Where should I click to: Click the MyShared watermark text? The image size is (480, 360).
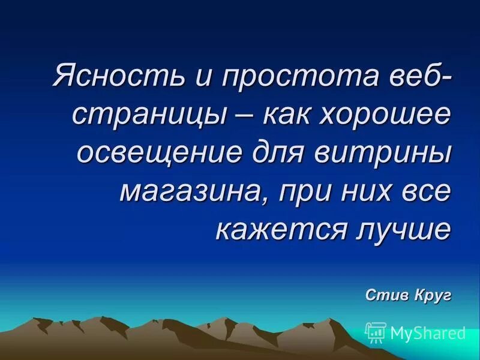[428, 332]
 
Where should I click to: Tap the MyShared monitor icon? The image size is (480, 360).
[376, 332]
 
